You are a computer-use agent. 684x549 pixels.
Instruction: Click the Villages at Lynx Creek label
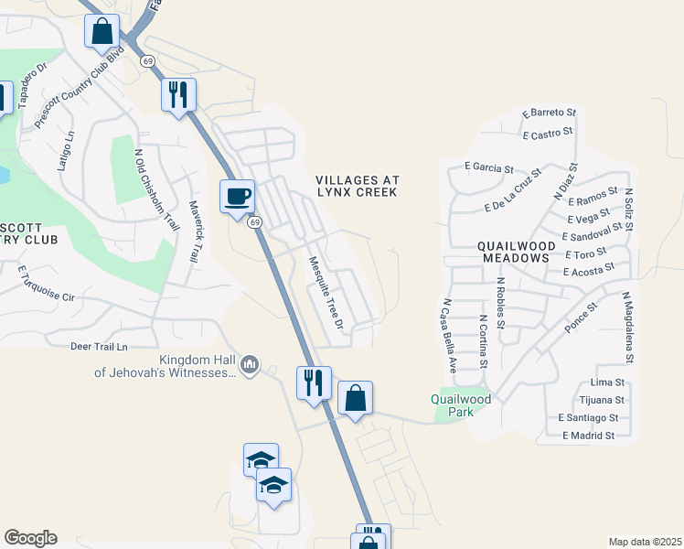pyautogui.click(x=357, y=186)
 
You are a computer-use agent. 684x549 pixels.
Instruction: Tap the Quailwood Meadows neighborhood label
pyautogui.click(x=513, y=252)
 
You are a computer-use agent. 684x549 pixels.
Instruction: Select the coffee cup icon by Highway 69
pyautogui.click(x=238, y=196)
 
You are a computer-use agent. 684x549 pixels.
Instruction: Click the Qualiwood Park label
pyautogui.click(x=461, y=405)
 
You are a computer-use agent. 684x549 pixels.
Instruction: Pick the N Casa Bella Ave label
pyautogui.click(x=449, y=335)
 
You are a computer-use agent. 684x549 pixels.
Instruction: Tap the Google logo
pyautogui.click(x=30, y=538)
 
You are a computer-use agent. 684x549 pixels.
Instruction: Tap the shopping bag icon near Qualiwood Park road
pyautogui.click(x=355, y=399)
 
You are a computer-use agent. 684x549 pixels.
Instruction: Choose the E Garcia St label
pyautogui.click(x=489, y=167)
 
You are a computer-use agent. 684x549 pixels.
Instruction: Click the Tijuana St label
pyautogui.click(x=601, y=400)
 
